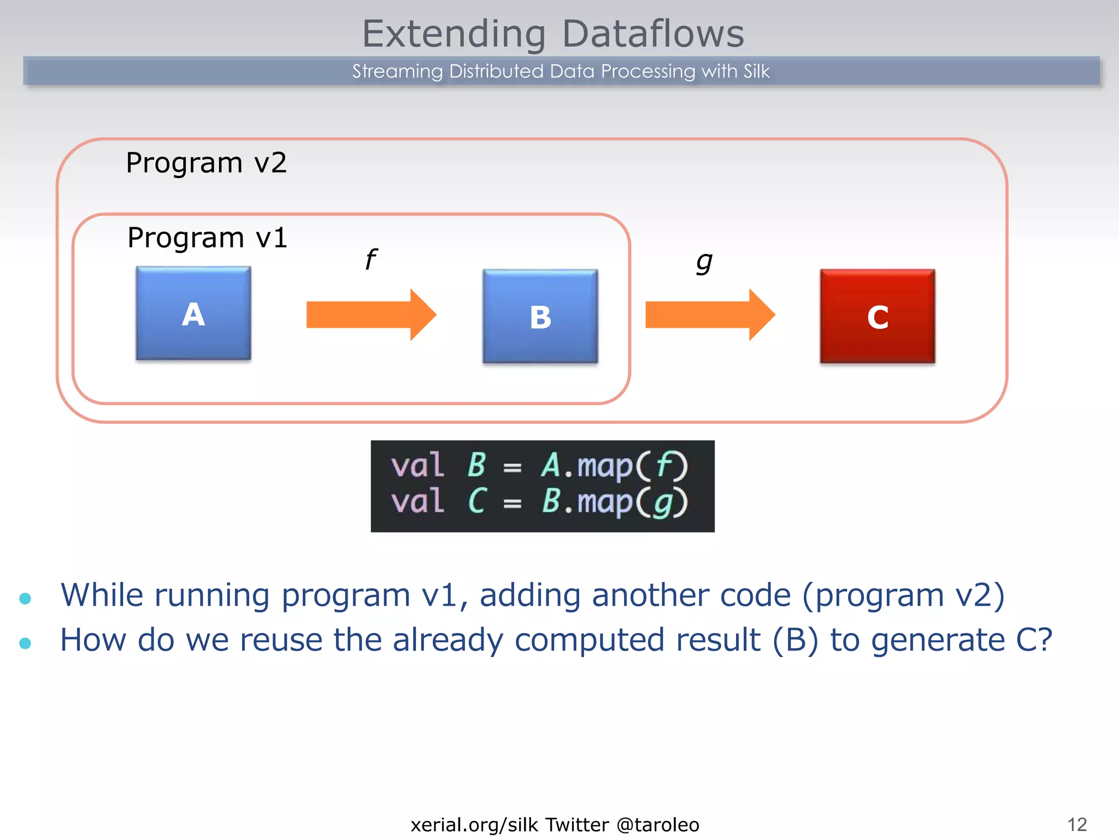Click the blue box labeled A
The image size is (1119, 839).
[193, 313]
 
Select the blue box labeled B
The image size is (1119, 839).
[540, 316]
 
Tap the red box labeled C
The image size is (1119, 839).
[877, 316]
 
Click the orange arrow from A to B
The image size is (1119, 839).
[370, 315]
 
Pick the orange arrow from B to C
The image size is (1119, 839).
[709, 315]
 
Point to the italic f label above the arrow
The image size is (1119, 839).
[370, 259]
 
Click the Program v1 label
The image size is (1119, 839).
[207, 238]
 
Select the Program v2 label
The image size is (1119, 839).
[206, 163]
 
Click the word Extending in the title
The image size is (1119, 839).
[454, 34]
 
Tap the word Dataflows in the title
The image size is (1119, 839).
[653, 34]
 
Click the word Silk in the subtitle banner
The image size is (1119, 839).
[756, 72]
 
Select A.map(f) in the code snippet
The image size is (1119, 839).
[614, 466]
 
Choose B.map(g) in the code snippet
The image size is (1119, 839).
[614, 501]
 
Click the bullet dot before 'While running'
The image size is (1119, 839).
[25, 598]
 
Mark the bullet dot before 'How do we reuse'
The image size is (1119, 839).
[25, 643]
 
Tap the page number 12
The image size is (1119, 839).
[1077, 824]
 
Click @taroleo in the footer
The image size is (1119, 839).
[658, 825]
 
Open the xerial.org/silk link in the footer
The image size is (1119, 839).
[474, 825]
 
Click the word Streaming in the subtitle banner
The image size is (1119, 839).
[397, 72]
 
